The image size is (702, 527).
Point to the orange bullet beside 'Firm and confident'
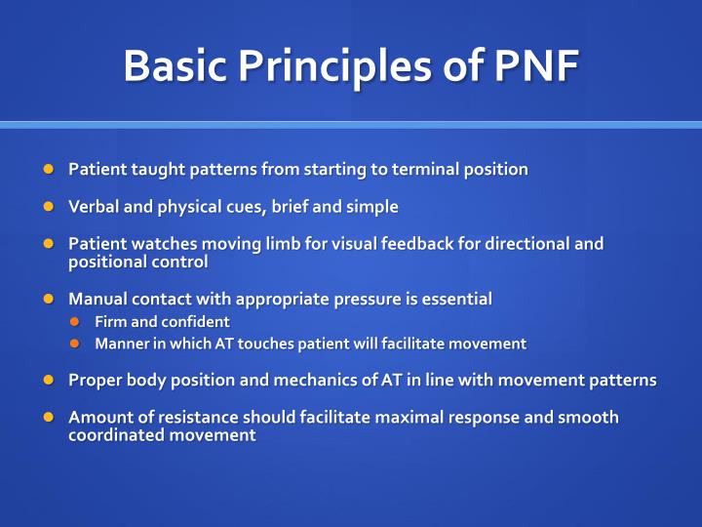pyautogui.click(x=74, y=321)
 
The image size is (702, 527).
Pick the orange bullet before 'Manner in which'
pyautogui.click(x=74, y=344)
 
